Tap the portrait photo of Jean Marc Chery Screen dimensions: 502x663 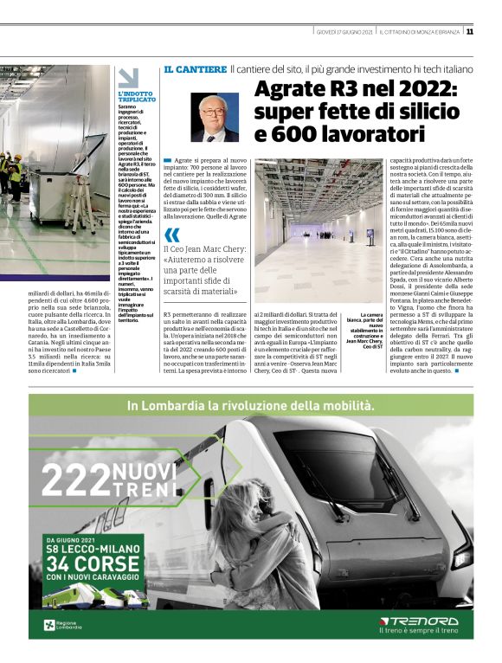215,117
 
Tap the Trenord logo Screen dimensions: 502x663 419,621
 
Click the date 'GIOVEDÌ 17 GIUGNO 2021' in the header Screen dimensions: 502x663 344,32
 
